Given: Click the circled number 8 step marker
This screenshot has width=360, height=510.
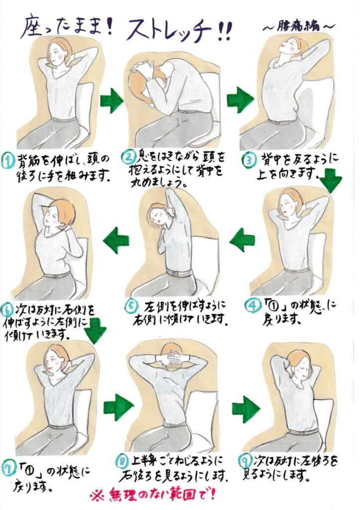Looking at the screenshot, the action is pyautogui.click(x=121, y=461).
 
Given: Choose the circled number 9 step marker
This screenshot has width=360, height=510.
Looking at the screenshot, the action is pyautogui.click(x=243, y=461).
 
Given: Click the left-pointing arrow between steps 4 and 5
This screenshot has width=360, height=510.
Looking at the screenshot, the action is pyautogui.click(x=242, y=240).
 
